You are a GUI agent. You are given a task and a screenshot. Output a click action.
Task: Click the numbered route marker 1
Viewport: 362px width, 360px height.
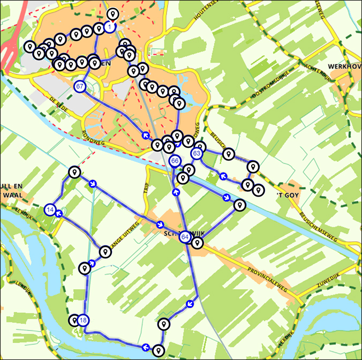(x=110, y=26)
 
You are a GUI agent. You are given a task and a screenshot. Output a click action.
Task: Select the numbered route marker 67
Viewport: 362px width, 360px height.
(x=80, y=86)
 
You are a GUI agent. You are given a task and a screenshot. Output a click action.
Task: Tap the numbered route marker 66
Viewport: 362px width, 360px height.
(x=175, y=161)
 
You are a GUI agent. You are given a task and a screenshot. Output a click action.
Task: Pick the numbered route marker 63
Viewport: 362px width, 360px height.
(x=197, y=154)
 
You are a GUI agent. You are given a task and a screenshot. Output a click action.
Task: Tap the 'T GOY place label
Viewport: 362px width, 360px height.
(x=287, y=195)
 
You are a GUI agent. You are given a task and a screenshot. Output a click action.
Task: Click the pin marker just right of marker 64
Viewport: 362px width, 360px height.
(x=198, y=243)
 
